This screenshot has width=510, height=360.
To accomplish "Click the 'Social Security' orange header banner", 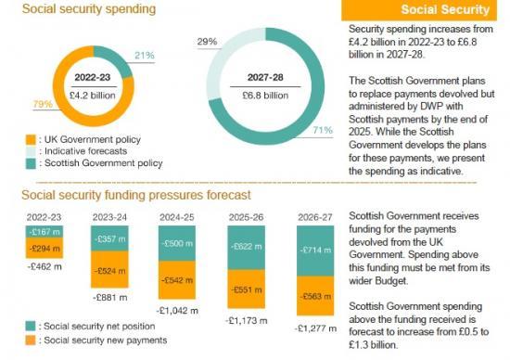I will [426, 10].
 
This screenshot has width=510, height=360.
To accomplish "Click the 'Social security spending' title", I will [77, 9].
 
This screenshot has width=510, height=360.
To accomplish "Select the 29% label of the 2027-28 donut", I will [206, 43].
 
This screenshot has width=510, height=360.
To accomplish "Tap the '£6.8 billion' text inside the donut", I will [265, 93].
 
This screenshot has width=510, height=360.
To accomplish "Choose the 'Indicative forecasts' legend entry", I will [80, 149].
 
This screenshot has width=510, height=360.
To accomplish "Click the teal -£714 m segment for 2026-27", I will [314, 251].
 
